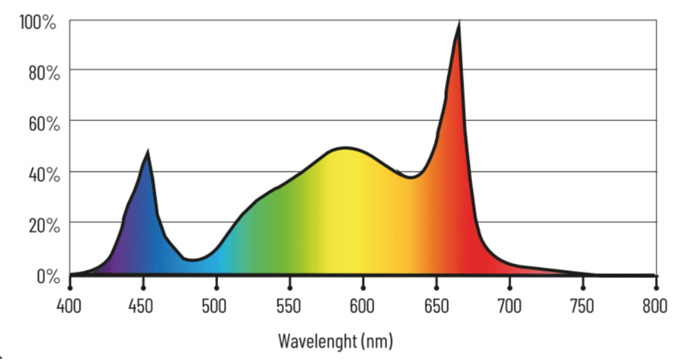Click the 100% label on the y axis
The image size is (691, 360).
38,22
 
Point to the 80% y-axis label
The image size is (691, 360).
44,73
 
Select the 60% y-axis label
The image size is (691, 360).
44,124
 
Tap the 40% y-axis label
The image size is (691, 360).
44,175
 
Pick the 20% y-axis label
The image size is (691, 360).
44,226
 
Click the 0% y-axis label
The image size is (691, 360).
48,276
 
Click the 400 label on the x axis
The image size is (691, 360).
68,306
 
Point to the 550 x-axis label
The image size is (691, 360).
289,306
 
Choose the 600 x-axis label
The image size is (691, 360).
362,306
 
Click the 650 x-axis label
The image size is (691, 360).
436,306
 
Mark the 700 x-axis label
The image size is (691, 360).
509,306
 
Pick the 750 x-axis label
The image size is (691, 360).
583,306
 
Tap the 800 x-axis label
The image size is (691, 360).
655,306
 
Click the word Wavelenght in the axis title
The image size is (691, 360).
317,341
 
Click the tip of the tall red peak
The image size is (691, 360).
460,22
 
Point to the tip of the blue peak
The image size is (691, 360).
148,151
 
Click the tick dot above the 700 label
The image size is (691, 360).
510,287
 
